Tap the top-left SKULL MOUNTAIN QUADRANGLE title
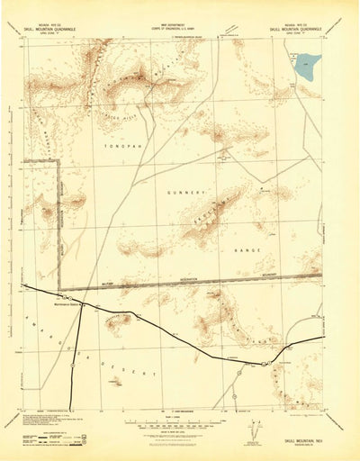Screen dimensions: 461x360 (58, 29)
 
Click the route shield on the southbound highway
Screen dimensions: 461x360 (72, 365)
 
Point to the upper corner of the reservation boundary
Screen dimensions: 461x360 (59, 161)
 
